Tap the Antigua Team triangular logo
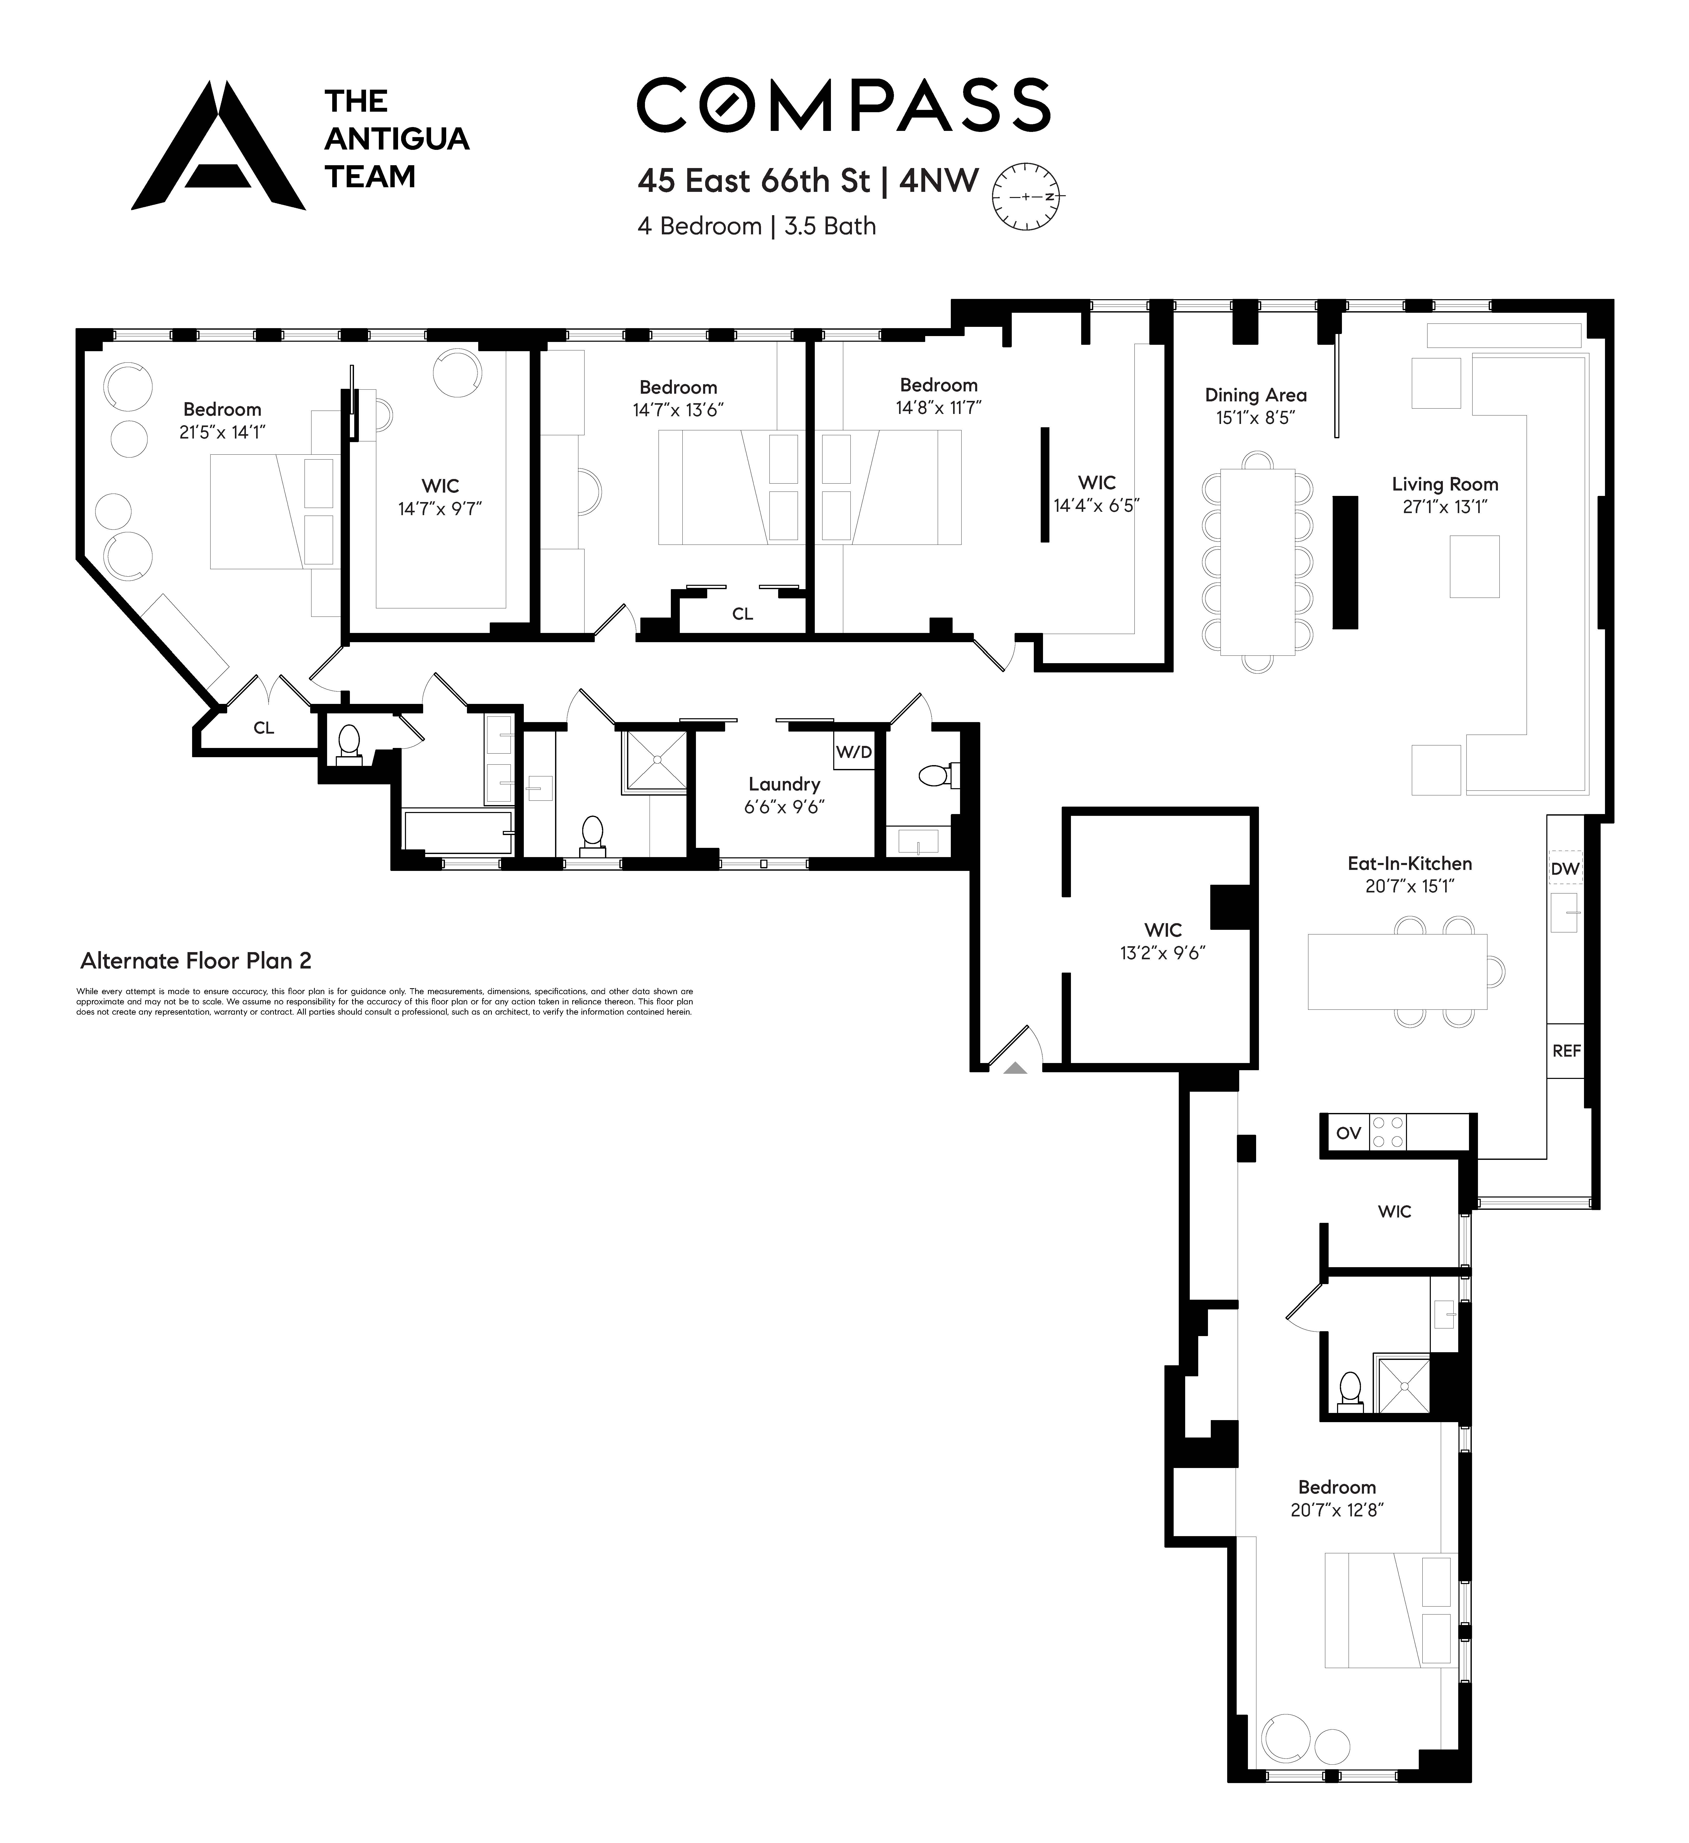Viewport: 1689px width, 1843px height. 218,146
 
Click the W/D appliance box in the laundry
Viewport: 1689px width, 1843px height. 854,752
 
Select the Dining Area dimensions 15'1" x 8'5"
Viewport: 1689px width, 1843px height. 1255,418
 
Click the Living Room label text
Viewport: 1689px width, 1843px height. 1444,485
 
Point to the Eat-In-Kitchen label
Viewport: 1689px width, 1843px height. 1409,863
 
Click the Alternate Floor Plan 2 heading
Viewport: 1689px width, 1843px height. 196,961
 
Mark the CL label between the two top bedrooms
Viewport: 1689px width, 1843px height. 742,614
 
